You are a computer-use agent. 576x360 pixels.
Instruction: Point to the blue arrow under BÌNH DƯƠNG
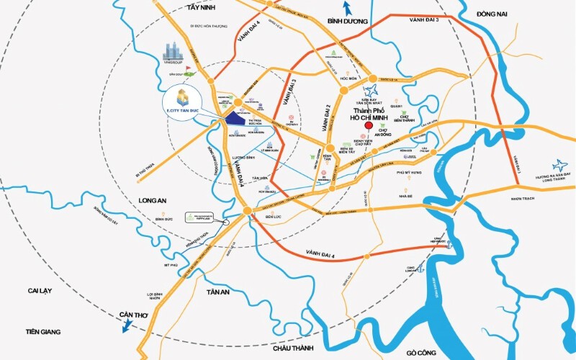(x=347, y=9)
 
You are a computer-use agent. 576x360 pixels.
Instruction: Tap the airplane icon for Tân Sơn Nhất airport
(x=372, y=91)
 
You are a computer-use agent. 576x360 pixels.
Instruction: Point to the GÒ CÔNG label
(x=422, y=352)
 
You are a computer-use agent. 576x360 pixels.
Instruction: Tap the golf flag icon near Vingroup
(x=189, y=71)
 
